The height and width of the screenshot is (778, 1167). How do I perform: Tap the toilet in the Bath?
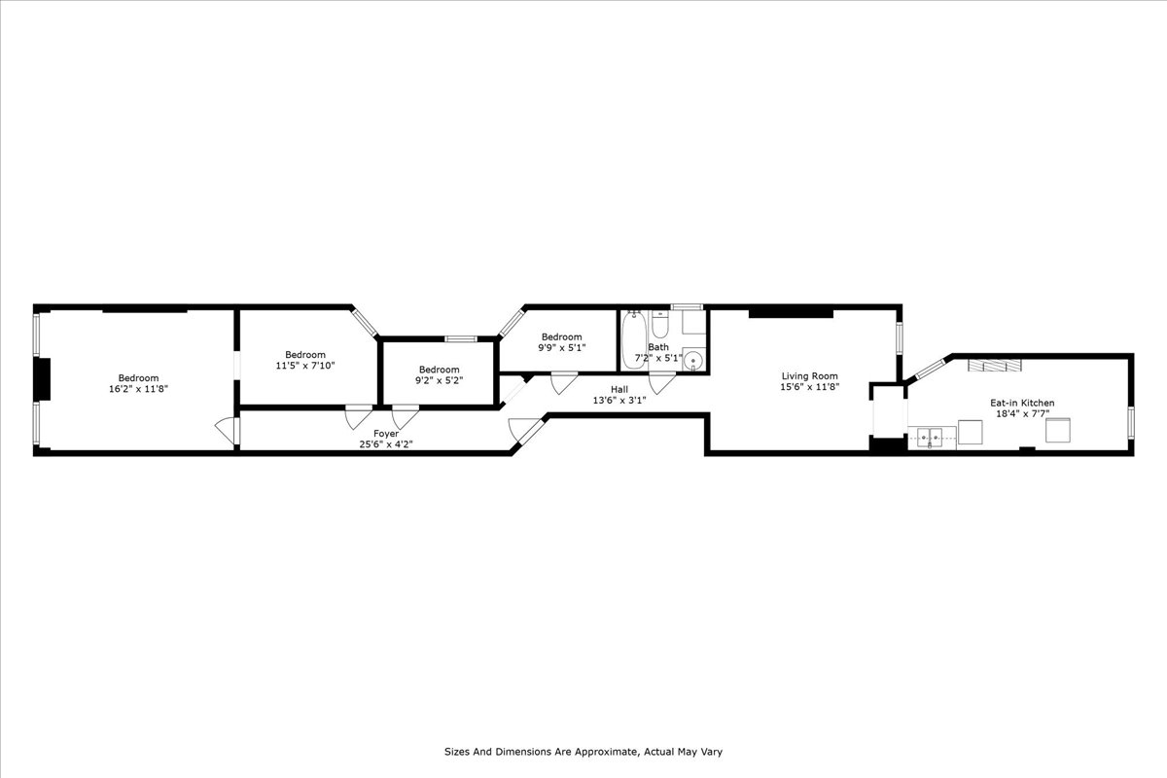pyautogui.click(x=660, y=321)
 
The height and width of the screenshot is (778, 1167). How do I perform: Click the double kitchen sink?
pyautogui.click(x=932, y=438)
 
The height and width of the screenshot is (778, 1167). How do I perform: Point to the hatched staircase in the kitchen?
pyautogui.click(x=994, y=365)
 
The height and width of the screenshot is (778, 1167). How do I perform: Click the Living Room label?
pyautogui.click(x=809, y=376)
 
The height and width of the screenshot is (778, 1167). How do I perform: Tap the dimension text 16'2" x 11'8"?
pyautogui.click(x=138, y=389)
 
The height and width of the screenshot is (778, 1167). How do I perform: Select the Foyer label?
pyautogui.click(x=386, y=434)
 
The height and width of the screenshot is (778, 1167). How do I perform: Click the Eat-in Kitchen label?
pyautogui.click(x=1022, y=403)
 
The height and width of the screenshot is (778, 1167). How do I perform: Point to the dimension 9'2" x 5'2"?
pyautogui.click(x=439, y=380)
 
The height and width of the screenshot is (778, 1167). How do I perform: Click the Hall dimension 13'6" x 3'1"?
pyautogui.click(x=619, y=400)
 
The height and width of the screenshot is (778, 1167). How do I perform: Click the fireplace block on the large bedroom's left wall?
pyautogui.click(x=42, y=379)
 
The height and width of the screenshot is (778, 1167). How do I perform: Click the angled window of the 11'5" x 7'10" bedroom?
pyautogui.click(x=365, y=323)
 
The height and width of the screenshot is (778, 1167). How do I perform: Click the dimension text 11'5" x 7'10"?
pyautogui.click(x=305, y=366)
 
